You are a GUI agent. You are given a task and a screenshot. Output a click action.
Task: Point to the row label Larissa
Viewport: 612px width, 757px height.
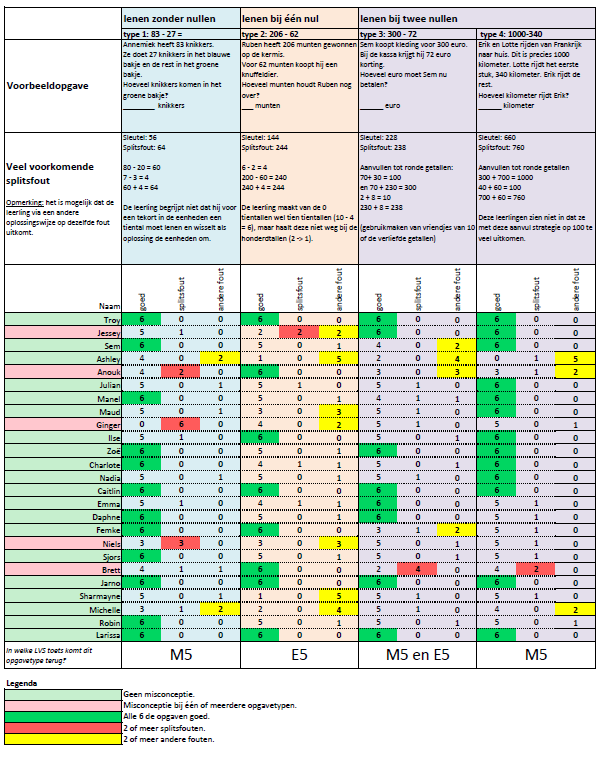click(94, 634)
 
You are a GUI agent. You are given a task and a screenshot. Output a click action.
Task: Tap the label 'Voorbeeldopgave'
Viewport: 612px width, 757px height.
click(48, 86)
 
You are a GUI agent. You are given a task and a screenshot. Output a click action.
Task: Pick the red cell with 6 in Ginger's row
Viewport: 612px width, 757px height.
click(180, 424)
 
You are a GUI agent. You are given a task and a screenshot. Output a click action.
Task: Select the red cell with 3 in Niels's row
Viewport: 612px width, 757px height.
click(180, 543)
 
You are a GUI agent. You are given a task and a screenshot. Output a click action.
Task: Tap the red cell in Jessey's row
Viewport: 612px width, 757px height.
click(298, 331)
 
